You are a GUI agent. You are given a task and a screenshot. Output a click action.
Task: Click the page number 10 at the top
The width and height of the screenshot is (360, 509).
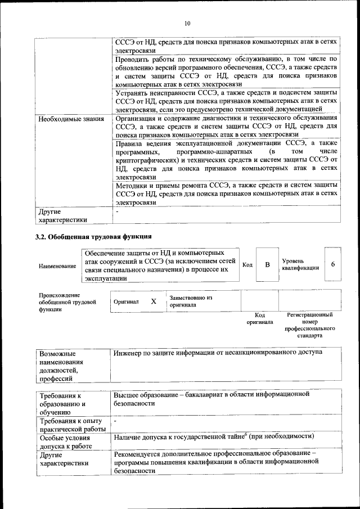tap(187, 23)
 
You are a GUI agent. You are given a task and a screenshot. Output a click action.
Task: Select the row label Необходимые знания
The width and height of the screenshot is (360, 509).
tap(71, 119)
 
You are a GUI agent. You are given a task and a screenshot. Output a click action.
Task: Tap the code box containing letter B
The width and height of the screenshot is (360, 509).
tap(268, 264)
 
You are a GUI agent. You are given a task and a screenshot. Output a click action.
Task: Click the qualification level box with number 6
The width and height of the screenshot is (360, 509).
tap(333, 264)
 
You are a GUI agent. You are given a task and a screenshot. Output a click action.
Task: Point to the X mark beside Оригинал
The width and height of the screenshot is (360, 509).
tap(154, 301)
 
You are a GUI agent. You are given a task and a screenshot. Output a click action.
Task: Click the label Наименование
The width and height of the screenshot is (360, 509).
tap(57, 265)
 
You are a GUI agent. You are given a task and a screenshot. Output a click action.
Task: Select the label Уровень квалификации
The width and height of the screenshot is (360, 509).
tap(300, 264)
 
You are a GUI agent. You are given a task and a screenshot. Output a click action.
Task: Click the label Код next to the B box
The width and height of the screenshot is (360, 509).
tap(247, 264)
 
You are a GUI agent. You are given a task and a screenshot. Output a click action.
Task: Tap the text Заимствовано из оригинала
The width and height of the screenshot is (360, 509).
tap(190, 301)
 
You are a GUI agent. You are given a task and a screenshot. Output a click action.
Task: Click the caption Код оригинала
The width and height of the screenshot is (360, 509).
tap(259, 318)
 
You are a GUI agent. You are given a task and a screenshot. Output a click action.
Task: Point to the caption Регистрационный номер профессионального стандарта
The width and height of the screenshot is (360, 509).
tap(310, 325)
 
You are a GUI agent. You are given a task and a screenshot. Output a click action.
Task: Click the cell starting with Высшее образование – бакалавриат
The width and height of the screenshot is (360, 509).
tap(211, 399)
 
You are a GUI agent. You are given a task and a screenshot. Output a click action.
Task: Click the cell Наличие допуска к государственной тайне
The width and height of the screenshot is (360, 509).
tap(213, 436)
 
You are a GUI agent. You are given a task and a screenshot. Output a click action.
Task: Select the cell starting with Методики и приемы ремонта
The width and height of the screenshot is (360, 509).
tap(226, 192)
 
